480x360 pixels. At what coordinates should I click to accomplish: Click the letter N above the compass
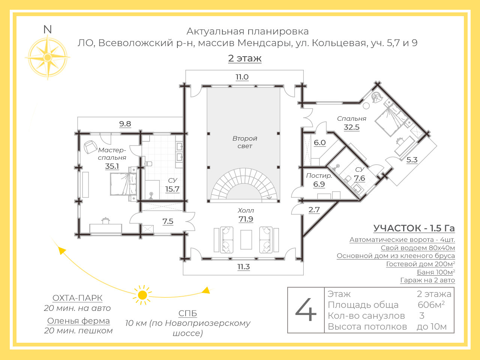pyautogui.click(x=48, y=29)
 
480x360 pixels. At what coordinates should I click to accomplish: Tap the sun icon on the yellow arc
pyautogui.click(x=142, y=295)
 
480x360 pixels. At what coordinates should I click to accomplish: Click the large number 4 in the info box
pyautogui.click(x=306, y=310)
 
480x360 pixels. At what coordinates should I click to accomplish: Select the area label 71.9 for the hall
pyautogui.click(x=246, y=219)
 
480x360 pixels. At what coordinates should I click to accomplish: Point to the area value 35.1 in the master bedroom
pyautogui.click(x=112, y=166)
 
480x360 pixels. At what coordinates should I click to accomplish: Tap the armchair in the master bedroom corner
pyautogui.click(x=90, y=147)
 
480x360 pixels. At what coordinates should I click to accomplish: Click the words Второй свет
pyautogui.click(x=245, y=142)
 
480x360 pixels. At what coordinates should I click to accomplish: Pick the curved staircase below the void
pyautogui.click(x=244, y=185)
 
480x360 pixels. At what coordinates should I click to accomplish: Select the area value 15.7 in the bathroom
pyautogui.click(x=172, y=189)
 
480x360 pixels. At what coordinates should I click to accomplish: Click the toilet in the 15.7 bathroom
pyautogui.click(x=148, y=164)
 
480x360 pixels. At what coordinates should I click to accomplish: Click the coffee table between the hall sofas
pyautogui.click(x=246, y=240)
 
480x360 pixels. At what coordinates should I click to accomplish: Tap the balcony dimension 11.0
pyautogui.click(x=242, y=77)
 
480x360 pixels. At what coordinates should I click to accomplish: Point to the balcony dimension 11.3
pyautogui.click(x=244, y=267)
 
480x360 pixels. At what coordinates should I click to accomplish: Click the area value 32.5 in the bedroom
pyautogui.click(x=351, y=127)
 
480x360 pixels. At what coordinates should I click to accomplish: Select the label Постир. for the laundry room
pyautogui.click(x=319, y=175)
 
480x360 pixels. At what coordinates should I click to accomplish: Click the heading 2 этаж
pyautogui.click(x=245, y=58)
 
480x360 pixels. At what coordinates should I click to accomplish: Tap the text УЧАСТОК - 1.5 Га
pyautogui.click(x=414, y=228)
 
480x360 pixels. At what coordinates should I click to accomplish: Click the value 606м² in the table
pyautogui.click(x=431, y=304)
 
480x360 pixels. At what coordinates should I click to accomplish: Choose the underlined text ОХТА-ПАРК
pyautogui.click(x=77, y=298)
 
